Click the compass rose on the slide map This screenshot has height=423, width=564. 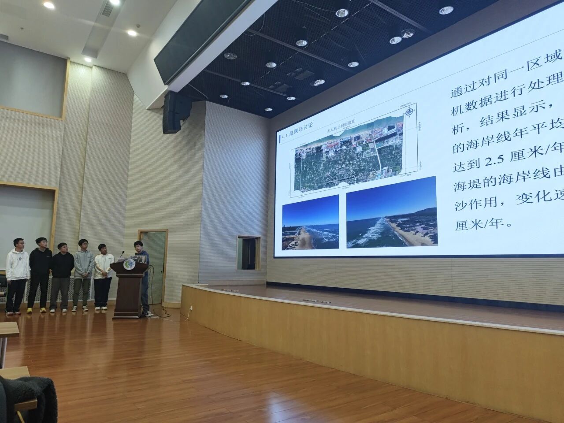[409, 112]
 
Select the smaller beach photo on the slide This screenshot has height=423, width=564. [310, 223]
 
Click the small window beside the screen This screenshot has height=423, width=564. [248, 252]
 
